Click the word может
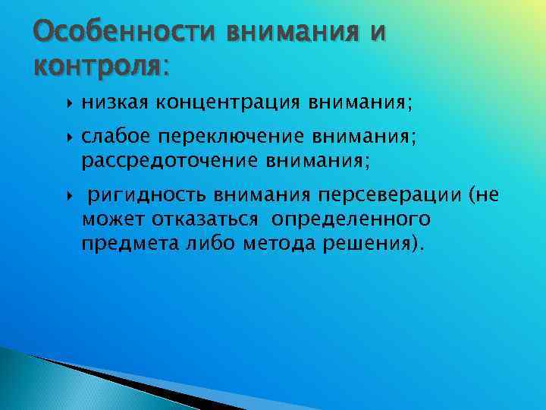[106, 219]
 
